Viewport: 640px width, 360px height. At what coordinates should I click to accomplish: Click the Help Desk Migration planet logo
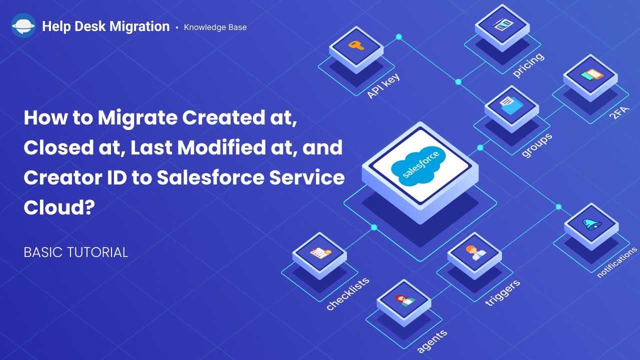coord(23,26)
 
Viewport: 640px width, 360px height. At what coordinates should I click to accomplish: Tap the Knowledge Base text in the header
coord(215,27)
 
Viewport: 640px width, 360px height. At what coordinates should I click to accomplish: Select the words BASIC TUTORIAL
coord(76,252)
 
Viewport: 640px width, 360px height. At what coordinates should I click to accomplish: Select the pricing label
coord(528,65)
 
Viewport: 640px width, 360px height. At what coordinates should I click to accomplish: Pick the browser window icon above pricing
coord(501,23)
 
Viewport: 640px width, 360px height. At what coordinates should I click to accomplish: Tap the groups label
coord(536,145)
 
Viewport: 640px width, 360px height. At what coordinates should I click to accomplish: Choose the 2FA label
coord(618,114)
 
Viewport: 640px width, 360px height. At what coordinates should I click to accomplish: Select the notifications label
coord(617,262)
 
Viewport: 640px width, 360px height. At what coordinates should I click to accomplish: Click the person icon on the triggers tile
coord(473,253)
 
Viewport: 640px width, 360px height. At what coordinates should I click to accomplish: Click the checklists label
coord(348,293)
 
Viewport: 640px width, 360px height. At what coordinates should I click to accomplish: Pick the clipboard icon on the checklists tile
coord(319,252)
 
